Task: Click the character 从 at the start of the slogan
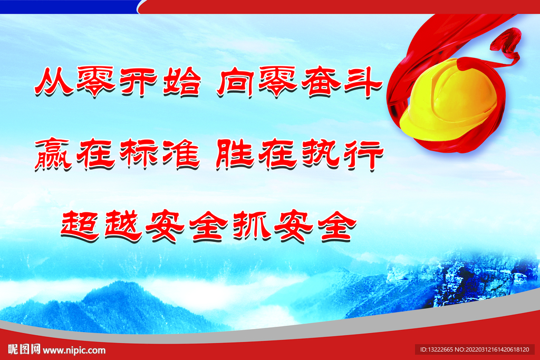[x=54, y=82]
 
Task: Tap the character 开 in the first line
[x=139, y=82]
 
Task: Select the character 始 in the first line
[x=181, y=82]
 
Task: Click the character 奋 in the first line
[x=320, y=82]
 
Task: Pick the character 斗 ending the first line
[x=363, y=82]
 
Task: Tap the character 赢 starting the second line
[x=53, y=154]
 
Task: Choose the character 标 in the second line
[x=139, y=154]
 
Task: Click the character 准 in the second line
[x=181, y=154]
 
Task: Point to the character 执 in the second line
[x=321, y=154]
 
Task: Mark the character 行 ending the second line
[x=364, y=155]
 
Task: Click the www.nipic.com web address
[x=74, y=351]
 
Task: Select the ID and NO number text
[x=475, y=349]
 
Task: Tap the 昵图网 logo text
[x=24, y=349]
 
